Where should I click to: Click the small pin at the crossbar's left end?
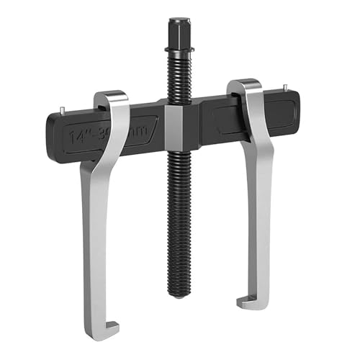(x=63, y=110)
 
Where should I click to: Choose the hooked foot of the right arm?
(x=253, y=300)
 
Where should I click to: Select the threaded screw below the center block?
(x=179, y=216)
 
